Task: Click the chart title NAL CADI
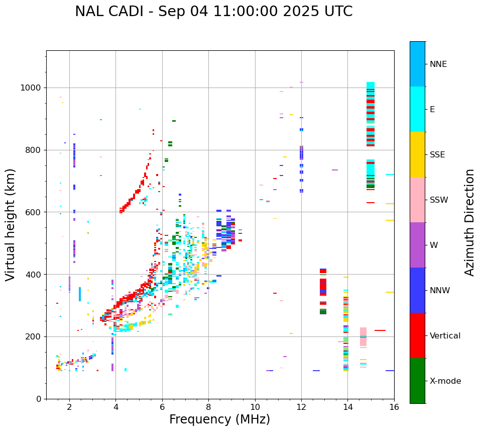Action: tap(213, 12)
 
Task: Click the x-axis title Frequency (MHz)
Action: tap(219, 419)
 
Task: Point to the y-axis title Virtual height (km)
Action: tap(11, 224)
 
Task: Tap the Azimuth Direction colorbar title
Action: tap(469, 222)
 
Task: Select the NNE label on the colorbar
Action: tap(438, 64)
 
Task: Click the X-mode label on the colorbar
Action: tap(445, 381)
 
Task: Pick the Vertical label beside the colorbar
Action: tap(445, 335)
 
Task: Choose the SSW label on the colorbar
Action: tap(439, 200)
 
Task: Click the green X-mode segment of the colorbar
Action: tap(417, 381)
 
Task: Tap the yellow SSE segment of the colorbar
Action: tap(417, 154)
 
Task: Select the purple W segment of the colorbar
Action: tap(417, 245)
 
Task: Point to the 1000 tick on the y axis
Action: tap(32, 88)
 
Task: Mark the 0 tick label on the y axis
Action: tap(39, 399)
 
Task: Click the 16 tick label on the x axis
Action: tap(394, 407)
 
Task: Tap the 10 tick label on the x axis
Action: tap(255, 407)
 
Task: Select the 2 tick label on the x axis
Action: tap(69, 407)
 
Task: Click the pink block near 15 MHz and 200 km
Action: tap(363, 336)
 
